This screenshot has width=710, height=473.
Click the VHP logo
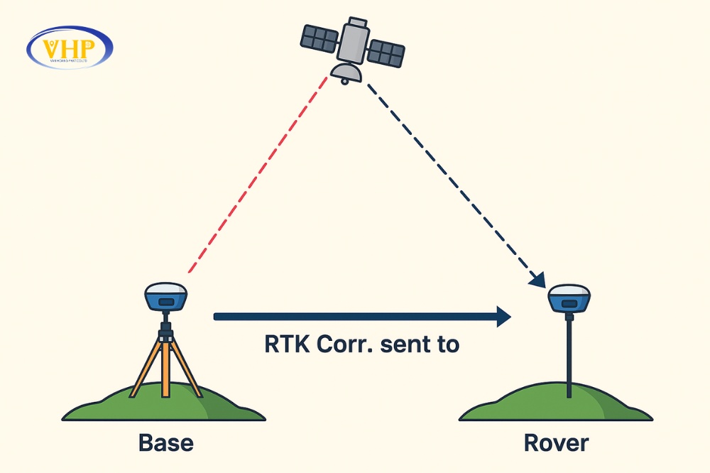pyautogui.click(x=69, y=48)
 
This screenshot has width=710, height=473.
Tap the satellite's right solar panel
pyautogui.click(x=386, y=50)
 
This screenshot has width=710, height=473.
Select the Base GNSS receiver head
pyautogui.click(x=165, y=298)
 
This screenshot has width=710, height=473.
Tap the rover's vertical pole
pyautogui.click(x=569, y=352)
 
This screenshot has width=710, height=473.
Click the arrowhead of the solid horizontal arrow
pyautogui.click(x=503, y=317)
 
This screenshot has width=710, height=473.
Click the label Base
pyautogui.click(x=165, y=442)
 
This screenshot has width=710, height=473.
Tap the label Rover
pyautogui.click(x=556, y=442)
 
